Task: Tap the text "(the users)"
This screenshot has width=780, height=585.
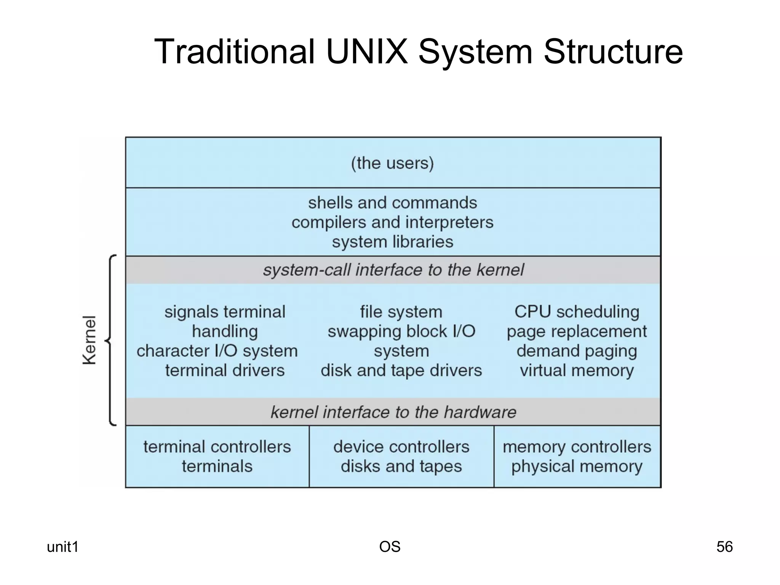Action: (392, 163)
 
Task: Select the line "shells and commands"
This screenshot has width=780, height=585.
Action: (392, 203)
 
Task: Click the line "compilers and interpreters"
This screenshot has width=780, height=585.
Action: (392, 222)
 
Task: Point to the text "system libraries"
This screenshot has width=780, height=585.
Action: (392, 242)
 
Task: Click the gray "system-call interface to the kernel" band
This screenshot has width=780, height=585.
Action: (393, 270)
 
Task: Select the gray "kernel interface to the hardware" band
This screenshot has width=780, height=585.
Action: (393, 412)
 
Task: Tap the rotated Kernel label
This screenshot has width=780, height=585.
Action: (90, 340)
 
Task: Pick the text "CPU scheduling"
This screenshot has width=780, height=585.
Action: (577, 312)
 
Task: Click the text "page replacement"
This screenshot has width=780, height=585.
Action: (577, 331)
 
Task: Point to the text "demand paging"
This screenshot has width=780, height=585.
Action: (577, 351)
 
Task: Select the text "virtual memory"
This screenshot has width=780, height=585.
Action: (577, 370)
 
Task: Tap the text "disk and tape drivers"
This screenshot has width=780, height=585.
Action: (401, 370)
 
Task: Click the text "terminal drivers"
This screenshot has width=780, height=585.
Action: (225, 370)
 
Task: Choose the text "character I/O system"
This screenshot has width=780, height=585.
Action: (217, 351)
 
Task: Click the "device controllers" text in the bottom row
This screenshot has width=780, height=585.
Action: (401, 447)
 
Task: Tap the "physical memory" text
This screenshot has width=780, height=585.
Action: (577, 466)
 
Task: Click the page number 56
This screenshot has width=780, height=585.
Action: (724, 547)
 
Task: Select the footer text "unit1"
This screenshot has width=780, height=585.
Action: (62, 547)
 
